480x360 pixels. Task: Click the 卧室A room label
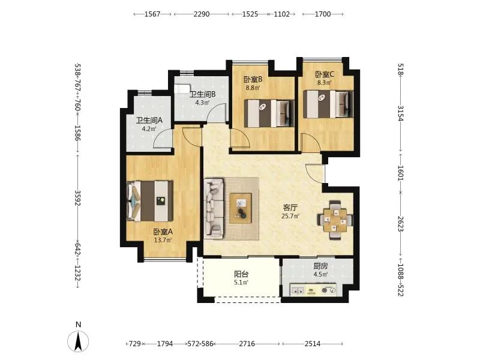click(163, 232)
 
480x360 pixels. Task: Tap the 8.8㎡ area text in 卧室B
click(253, 88)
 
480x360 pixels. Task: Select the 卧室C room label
click(325, 74)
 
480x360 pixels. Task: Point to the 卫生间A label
click(149, 121)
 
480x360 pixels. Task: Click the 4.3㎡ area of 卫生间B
click(202, 103)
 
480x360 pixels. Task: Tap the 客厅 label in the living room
click(290, 208)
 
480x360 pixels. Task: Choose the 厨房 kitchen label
click(320, 266)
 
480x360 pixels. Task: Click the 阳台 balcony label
click(241, 274)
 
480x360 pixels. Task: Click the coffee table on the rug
click(241, 208)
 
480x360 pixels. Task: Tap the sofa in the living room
click(214, 208)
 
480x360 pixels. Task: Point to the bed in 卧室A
click(149, 201)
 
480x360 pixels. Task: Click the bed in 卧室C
click(328, 104)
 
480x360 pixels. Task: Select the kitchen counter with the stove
click(313, 290)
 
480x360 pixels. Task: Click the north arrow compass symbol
click(79, 341)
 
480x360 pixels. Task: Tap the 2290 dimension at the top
click(202, 14)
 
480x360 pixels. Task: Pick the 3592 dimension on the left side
click(77, 198)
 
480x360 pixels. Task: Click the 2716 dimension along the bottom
click(247, 344)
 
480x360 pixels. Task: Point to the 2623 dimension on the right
click(400, 224)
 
